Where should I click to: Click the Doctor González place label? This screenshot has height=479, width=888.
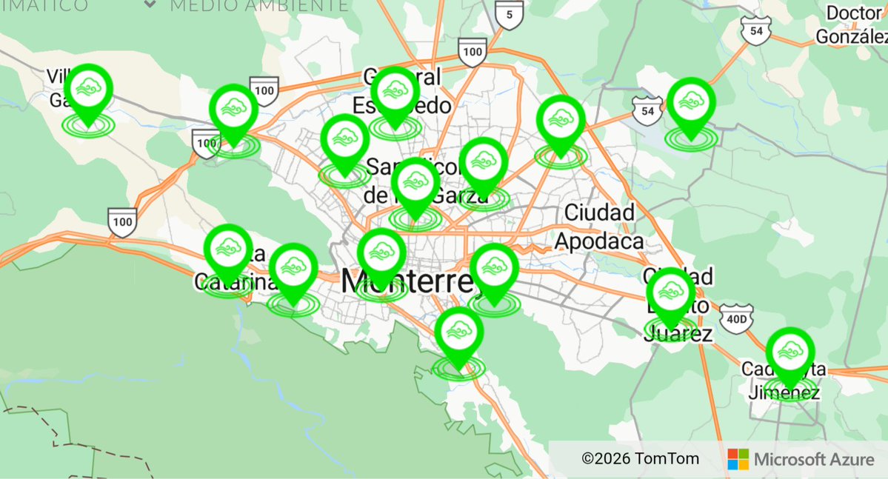tap(852, 24)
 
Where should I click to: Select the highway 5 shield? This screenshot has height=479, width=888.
tap(509, 15)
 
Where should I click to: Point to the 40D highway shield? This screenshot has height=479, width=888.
tap(736, 318)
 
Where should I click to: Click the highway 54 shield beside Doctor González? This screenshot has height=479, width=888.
tap(755, 30)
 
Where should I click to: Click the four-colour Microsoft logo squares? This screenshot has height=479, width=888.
tap(738, 459)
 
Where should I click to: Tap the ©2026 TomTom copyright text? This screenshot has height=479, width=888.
tap(640, 459)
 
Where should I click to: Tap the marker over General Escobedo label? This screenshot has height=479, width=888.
tap(395, 93)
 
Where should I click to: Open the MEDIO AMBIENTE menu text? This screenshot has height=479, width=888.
tap(259, 6)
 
